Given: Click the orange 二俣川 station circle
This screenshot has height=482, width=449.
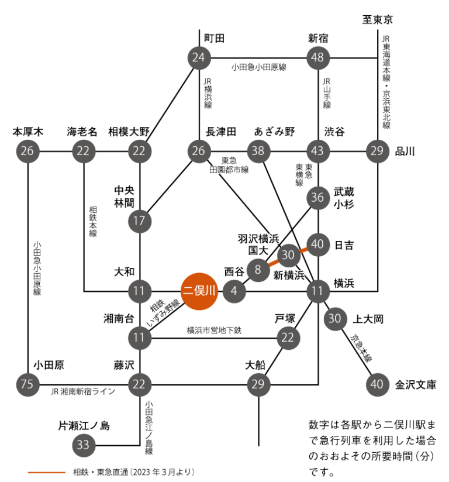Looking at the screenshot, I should tap(199, 291).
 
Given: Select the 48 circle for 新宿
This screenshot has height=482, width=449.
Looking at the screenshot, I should tap(319, 57).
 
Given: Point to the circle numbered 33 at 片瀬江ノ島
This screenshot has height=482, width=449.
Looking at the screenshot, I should tap(84, 445).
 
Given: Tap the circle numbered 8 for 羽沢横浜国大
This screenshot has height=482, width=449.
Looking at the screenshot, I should tap(258, 270).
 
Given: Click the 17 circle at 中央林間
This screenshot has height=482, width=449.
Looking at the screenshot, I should tap(140, 221).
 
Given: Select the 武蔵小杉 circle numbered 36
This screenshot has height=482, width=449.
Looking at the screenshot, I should tap(319, 198).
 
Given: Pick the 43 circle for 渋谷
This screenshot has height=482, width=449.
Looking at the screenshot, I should tap(319, 151).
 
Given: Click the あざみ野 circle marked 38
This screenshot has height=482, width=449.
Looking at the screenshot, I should tap(258, 151).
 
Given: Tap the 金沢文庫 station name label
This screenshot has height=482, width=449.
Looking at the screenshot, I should tap(416, 384).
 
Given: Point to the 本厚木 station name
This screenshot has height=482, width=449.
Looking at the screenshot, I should tap(29, 132).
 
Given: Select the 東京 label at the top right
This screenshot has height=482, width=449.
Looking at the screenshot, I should tap(378, 20).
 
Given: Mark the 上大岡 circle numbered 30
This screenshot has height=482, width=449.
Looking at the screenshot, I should tap(335, 319).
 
